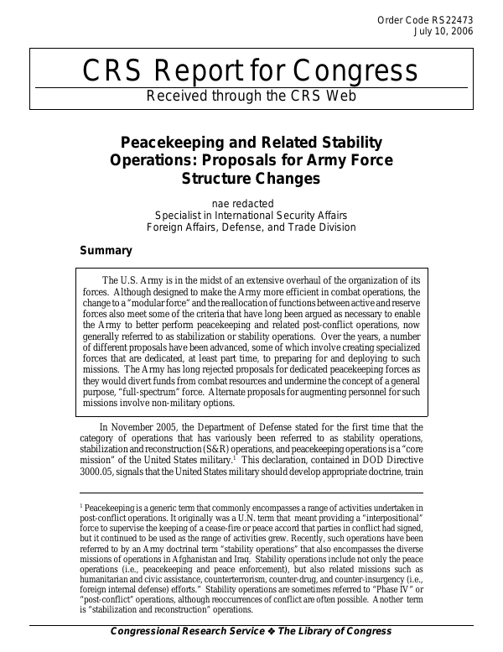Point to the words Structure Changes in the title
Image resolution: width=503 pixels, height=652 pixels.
pos(251,178)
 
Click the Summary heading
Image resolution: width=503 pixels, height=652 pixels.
pos(106,250)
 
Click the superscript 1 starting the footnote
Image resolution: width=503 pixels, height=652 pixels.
pos(81,506)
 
